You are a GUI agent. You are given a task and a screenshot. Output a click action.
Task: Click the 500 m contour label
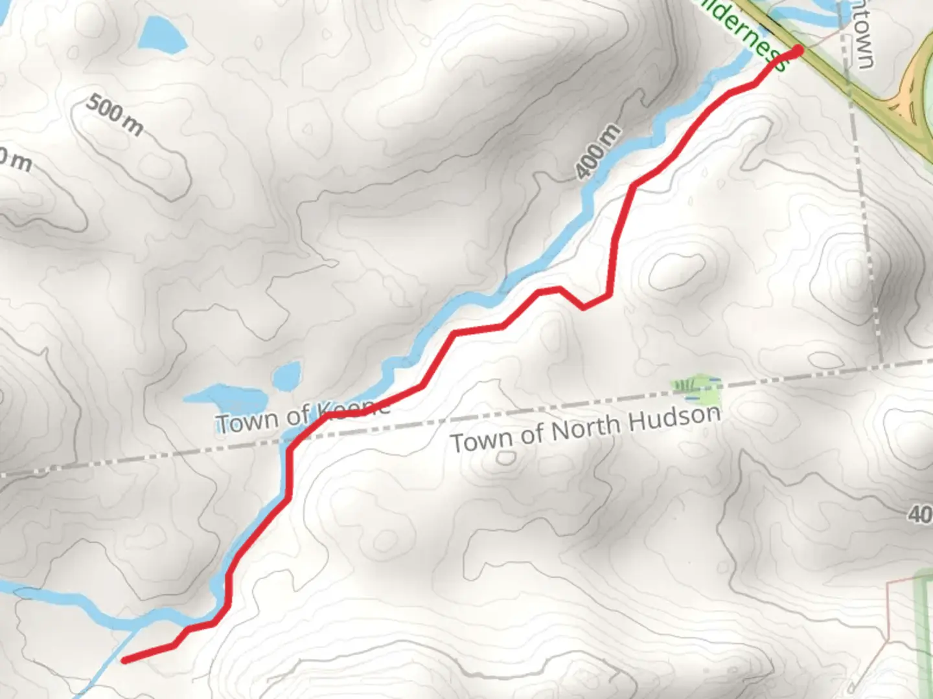pyautogui.click(x=114, y=115)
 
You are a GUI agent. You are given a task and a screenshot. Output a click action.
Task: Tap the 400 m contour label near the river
pyautogui.click(x=597, y=151)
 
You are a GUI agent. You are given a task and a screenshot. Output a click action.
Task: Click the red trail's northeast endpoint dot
pyautogui.click(x=798, y=50)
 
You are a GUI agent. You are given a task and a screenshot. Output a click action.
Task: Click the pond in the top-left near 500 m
pyautogui.click(x=162, y=32)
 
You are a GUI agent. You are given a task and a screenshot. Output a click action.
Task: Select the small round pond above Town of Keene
pyautogui.click(x=286, y=376)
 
